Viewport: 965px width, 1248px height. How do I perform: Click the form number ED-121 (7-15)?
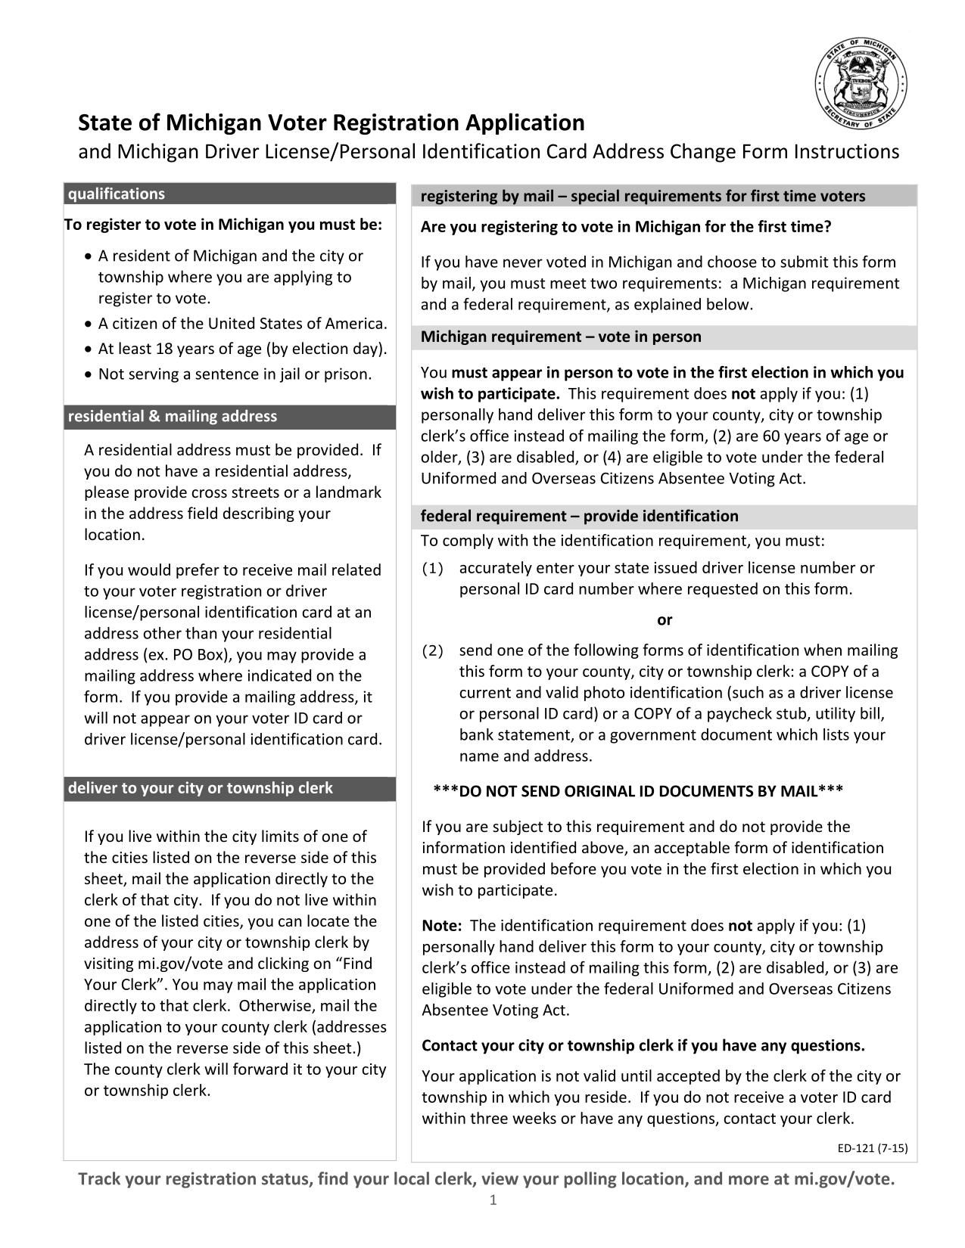(872, 1148)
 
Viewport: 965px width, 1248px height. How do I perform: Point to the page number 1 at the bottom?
(493, 1200)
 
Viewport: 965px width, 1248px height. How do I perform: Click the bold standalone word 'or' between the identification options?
(664, 620)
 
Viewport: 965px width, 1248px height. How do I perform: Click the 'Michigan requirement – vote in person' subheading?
(561, 337)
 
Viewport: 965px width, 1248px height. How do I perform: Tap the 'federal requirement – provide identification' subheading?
(579, 517)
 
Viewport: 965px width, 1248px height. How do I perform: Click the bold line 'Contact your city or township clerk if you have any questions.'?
(643, 1046)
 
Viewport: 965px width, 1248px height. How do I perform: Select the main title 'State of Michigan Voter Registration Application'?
(332, 123)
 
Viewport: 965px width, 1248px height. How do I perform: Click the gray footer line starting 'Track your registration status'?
(487, 1179)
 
